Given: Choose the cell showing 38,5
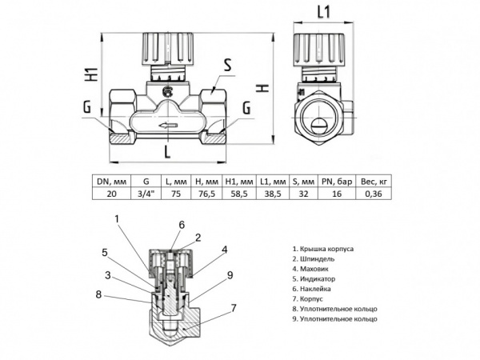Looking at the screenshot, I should click(x=273, y=193).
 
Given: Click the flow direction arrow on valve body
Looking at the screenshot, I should click(x=167, y=126).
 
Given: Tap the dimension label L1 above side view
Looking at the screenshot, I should click(x=323, y=12).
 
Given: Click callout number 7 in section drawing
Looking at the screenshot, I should click(x=233, y=307).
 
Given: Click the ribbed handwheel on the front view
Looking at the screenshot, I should click(x=167, y=50).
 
